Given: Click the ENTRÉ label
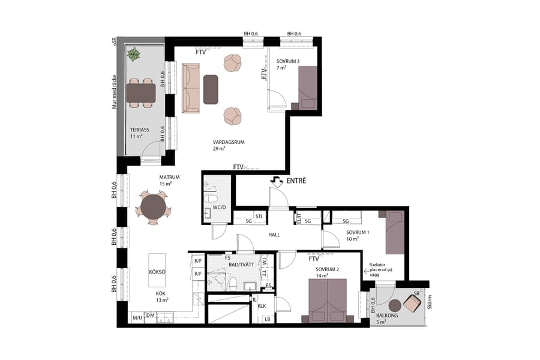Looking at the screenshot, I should (296, 181).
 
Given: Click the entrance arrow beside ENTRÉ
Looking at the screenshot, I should (277, 180).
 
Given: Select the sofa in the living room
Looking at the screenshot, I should (191, 89).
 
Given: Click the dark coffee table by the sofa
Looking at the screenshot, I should (211, 89).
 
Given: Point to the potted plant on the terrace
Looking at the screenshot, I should (133, 55).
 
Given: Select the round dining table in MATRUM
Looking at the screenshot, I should (153, 207).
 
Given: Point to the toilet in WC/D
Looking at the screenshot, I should (211, 199).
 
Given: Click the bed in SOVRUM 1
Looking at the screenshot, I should (395, 232).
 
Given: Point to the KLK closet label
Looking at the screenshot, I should (262, 306).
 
